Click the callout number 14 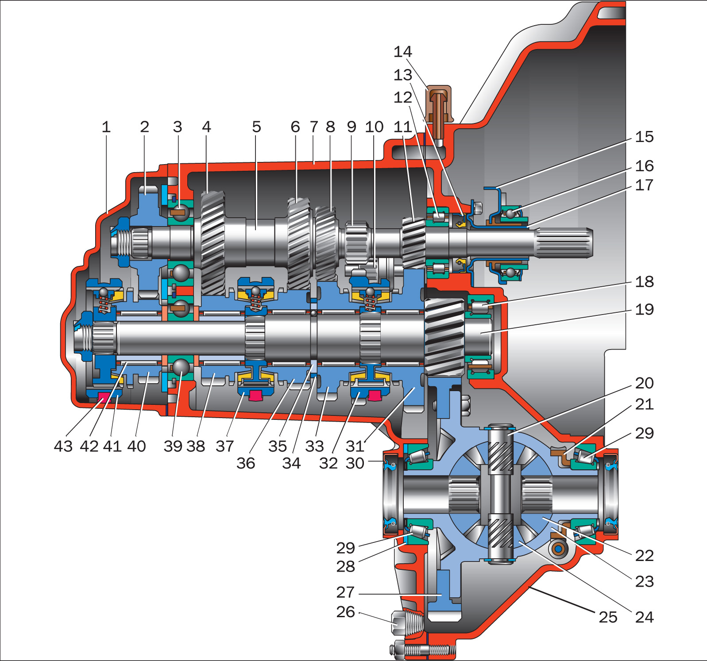[x=402, y=52]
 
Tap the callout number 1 [x=106, y=127]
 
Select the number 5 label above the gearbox [x=256, y=127]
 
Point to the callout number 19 [x=644, y=310]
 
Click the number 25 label [x=608, y=617]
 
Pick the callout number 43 [x=63, y=446]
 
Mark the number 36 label [x=246, y=464]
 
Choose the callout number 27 [x=345, y=592]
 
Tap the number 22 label [x=644, y=556]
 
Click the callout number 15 [x=644, y=137]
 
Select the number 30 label [x=355, y=464]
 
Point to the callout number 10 [x=374, y=127]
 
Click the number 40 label [x=136, y=446]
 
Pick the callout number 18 [x=644, y=282]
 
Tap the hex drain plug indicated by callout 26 [x=400, y=623]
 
